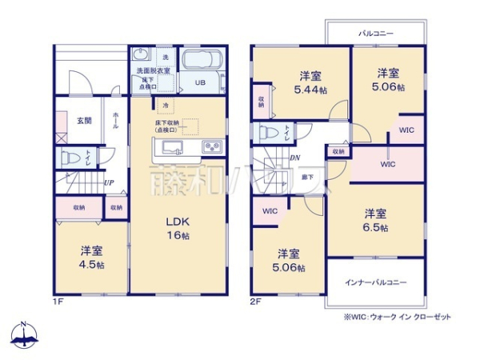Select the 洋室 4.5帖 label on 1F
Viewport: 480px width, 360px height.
pos(90,257)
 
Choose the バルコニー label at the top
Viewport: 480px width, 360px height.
pos(374,34)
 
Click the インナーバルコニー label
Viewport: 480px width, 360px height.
pos(375,282)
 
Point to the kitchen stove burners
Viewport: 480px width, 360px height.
pos(213,146)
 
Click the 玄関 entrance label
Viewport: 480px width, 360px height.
pos(83,121)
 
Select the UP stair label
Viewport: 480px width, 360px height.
pos(107,182)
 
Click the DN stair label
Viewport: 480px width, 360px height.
pos(294,158)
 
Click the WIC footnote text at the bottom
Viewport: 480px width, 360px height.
pos(397,317)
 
